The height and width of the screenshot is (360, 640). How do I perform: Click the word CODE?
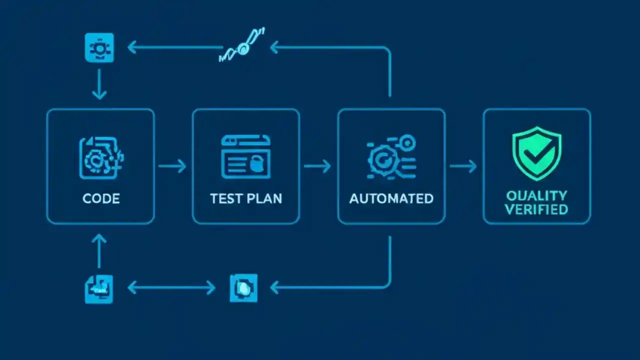[101, 198]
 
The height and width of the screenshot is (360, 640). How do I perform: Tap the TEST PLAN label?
[246, 198]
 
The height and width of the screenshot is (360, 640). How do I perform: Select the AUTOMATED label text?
[391, 198]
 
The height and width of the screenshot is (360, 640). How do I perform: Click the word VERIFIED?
[536, 209]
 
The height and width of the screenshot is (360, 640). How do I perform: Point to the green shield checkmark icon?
[536, 152]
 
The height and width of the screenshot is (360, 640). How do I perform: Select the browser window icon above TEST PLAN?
[245, 156]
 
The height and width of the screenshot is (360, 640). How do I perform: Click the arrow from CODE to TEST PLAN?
[172, 166]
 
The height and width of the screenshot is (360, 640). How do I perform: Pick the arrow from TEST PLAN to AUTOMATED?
[317, 166]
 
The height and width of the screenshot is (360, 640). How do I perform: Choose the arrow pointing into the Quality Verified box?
[463, 166]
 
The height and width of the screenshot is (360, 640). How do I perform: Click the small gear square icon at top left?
[99, 48]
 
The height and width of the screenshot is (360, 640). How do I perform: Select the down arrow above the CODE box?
[99, 84]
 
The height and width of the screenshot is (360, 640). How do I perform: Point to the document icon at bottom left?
[99, 289]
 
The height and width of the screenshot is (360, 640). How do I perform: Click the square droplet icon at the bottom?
[243, 288]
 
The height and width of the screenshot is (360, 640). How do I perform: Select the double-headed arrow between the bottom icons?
[171, 287]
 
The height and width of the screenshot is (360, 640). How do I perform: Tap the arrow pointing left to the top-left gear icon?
[175, 48]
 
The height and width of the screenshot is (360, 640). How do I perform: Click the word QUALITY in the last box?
[536, 195]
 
